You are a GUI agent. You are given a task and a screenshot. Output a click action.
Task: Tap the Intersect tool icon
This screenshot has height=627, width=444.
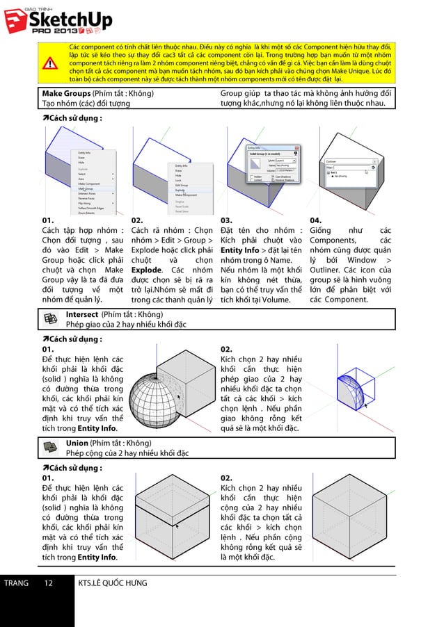click(51, 318)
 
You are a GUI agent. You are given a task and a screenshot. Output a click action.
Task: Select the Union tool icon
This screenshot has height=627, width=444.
click(51, 447)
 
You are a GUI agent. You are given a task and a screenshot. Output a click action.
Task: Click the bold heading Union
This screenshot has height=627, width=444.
click(77, 443)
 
